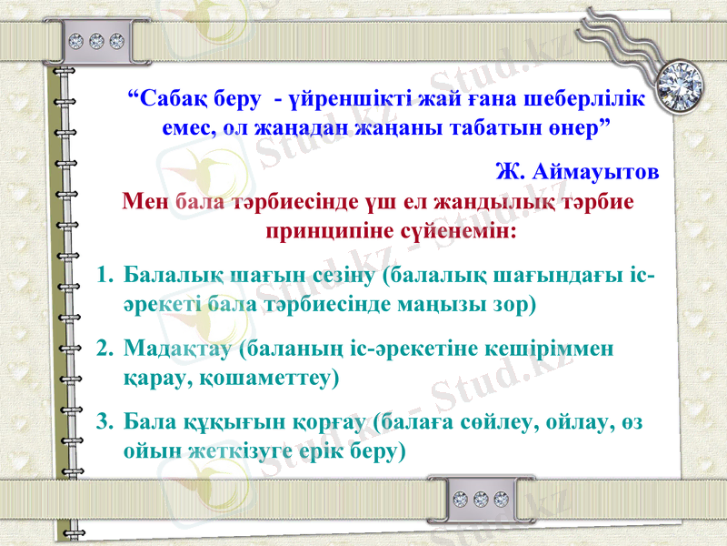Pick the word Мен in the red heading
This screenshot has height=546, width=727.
click(145, 200)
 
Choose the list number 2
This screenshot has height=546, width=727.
click(103, 348)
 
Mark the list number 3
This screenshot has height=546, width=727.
click(103, 422)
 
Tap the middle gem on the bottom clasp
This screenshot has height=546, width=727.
click(481, 499)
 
